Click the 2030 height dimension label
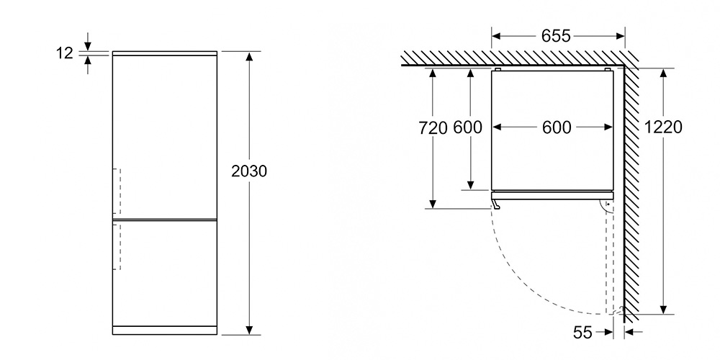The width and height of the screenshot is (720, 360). click(249, 171)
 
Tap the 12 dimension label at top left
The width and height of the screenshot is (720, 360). click(65, 53)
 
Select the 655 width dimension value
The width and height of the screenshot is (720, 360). click(556, 36)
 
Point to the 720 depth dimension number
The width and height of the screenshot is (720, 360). click(433, 128)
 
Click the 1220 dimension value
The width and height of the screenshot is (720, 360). click(663, 127)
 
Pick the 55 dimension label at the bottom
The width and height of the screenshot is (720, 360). click(582, 332)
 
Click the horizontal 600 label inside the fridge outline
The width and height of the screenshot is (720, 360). click(557, 127)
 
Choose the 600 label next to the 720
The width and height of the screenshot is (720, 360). click(467, 127)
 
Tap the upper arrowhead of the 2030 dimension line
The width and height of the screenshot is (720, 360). click(249, 56)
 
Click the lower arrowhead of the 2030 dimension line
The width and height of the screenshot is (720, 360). click(249, 330)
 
